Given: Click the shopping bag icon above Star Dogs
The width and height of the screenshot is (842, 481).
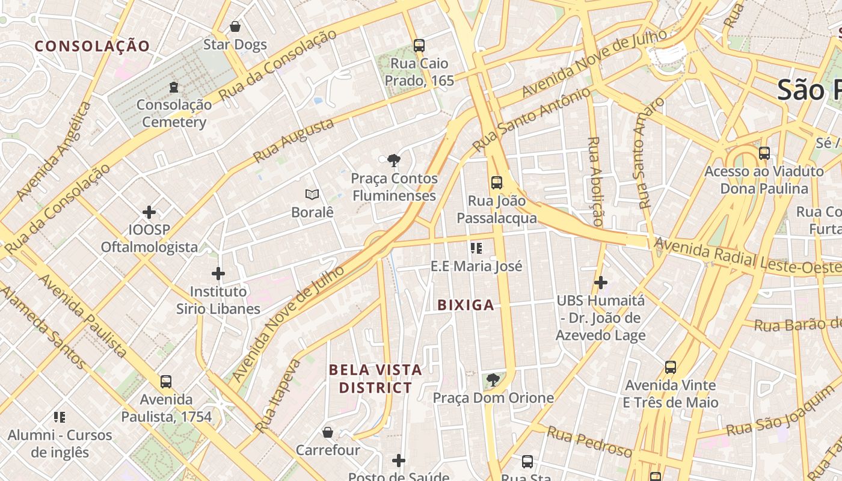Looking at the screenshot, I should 235,26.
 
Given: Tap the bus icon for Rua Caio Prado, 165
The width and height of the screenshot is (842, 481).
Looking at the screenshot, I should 419,45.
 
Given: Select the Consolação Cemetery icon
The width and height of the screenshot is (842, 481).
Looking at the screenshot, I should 174,87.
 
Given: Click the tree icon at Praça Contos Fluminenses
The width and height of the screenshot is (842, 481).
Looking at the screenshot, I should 394,161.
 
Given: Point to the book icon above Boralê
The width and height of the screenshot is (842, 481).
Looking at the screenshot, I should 312,194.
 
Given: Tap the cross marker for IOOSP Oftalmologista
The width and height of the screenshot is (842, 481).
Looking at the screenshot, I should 149,212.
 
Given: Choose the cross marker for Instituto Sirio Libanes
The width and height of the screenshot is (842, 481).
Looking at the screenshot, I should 218,274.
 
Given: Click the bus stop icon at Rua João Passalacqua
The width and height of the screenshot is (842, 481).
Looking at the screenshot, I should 497,183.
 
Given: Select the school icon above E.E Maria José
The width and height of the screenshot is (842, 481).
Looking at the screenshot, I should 476,248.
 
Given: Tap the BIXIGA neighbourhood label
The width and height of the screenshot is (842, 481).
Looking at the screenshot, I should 466,305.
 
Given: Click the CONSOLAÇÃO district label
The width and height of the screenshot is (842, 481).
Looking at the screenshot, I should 92,46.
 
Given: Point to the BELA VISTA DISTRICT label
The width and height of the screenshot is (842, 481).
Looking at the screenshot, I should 375,379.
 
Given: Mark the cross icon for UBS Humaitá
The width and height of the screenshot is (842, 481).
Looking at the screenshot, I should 600,282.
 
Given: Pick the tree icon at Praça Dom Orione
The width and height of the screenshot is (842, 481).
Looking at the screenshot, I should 493,380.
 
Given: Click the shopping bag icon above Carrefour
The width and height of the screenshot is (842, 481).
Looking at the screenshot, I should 328,432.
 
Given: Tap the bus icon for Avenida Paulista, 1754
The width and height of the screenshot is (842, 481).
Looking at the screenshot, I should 166,381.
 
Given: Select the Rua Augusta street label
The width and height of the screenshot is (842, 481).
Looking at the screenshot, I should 293,140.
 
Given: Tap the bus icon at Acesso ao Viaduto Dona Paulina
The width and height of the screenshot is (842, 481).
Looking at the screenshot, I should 764,153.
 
